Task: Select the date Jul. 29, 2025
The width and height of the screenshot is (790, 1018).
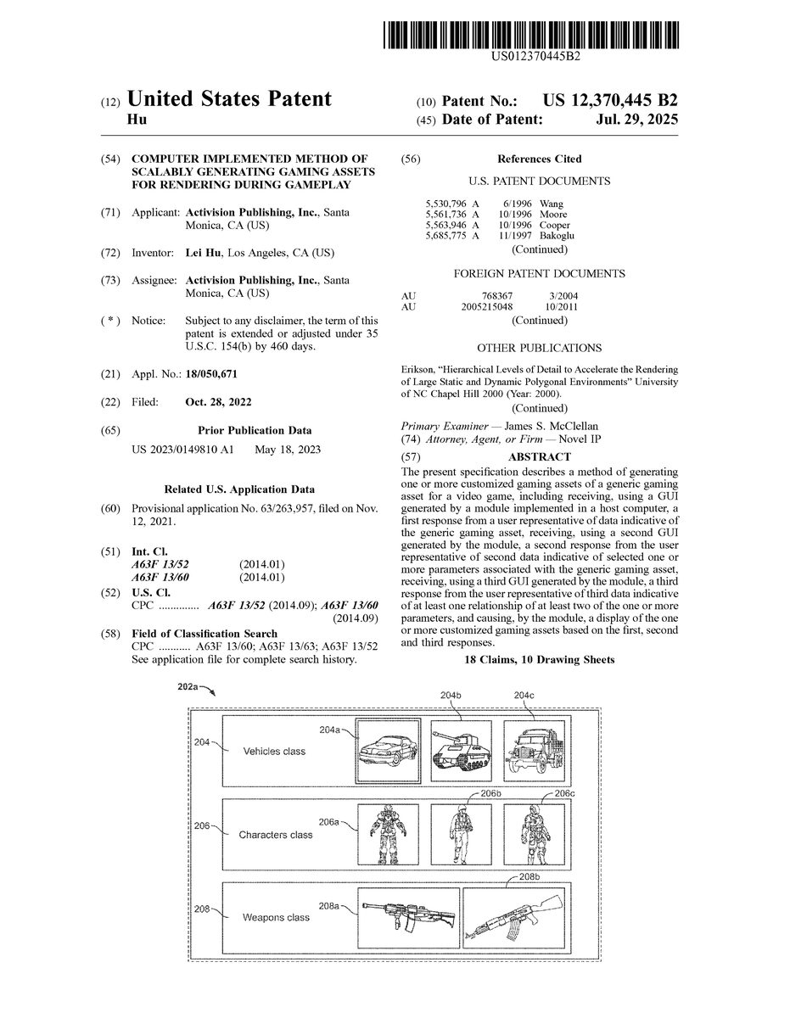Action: coord(636,120)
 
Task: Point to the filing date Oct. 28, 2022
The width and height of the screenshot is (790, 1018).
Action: coord(218,402)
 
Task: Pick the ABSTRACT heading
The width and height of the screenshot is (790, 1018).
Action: coord(539,457)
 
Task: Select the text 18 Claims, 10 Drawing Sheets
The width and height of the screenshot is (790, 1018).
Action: coord(539,660)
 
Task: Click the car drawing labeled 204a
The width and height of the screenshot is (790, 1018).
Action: coord(389,751)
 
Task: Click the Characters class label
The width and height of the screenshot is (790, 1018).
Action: coord(275,835)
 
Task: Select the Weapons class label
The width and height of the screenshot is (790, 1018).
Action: coord(276,917)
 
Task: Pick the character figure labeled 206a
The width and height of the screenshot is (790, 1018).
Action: coord(389,835)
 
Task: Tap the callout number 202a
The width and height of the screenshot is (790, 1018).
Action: coord(188,685)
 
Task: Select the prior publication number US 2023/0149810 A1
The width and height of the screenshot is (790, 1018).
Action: coord(182,450)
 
